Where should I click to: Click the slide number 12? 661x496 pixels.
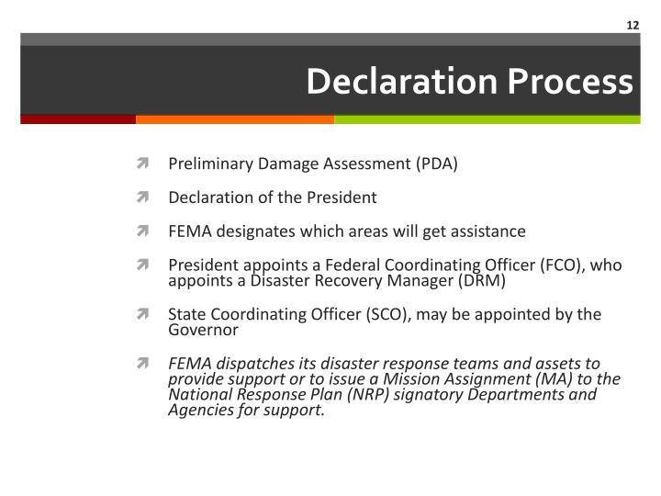pyautogui.click(x=633, y=25)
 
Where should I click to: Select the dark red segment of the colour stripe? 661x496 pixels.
pyautogui.click(x=78, y=119)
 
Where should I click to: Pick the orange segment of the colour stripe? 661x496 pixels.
pyautogui.click(x=235, y=119)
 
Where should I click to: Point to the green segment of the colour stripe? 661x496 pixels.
pyautogui.click(x=487, y=119)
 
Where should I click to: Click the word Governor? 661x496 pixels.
pyautogui.click(x=203, y=330)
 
